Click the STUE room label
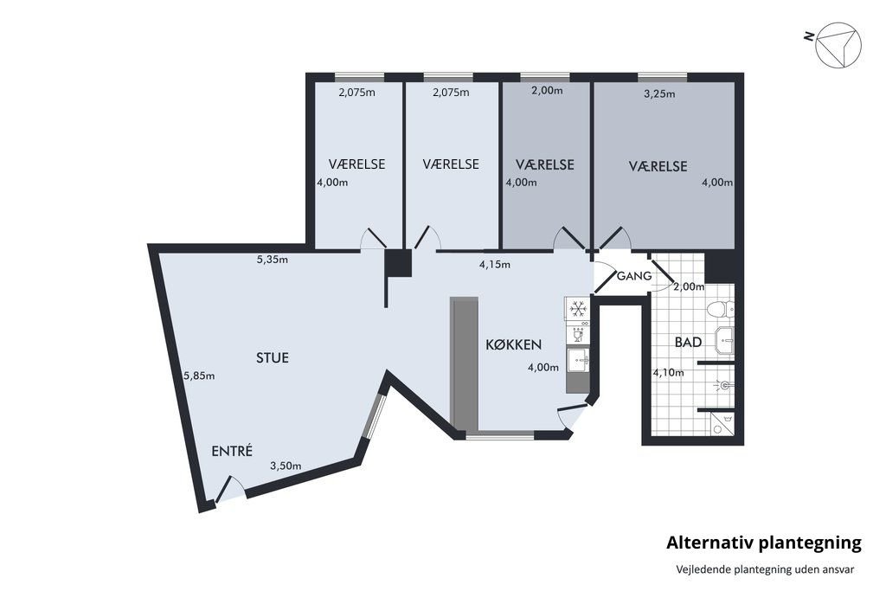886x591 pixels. [x=272, y=357]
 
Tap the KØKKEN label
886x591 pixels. [x=514, y=344]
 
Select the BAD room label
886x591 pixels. [x=688, y=343]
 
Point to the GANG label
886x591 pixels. [x=633, y=276]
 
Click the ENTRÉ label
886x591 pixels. [x=232, y=451]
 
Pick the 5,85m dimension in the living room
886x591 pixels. [x=199, y=376]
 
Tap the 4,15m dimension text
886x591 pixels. [x=495, y=264]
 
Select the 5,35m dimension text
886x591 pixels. [x=273, y=258]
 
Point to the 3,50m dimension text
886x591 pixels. [x=286, y=466]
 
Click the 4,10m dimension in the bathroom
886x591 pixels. [x=668, y=373]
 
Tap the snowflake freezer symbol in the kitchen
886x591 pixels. [x=577, y=308]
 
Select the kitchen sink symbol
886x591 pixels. [x=578, y=359]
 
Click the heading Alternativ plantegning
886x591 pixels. [x=764, y=543]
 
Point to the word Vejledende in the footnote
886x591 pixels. [x=703, y=569]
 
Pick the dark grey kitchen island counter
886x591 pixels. [x=465, y=363]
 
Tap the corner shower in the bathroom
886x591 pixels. [x=721, y=423]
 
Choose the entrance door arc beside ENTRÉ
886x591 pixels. [x=229, y=491]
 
